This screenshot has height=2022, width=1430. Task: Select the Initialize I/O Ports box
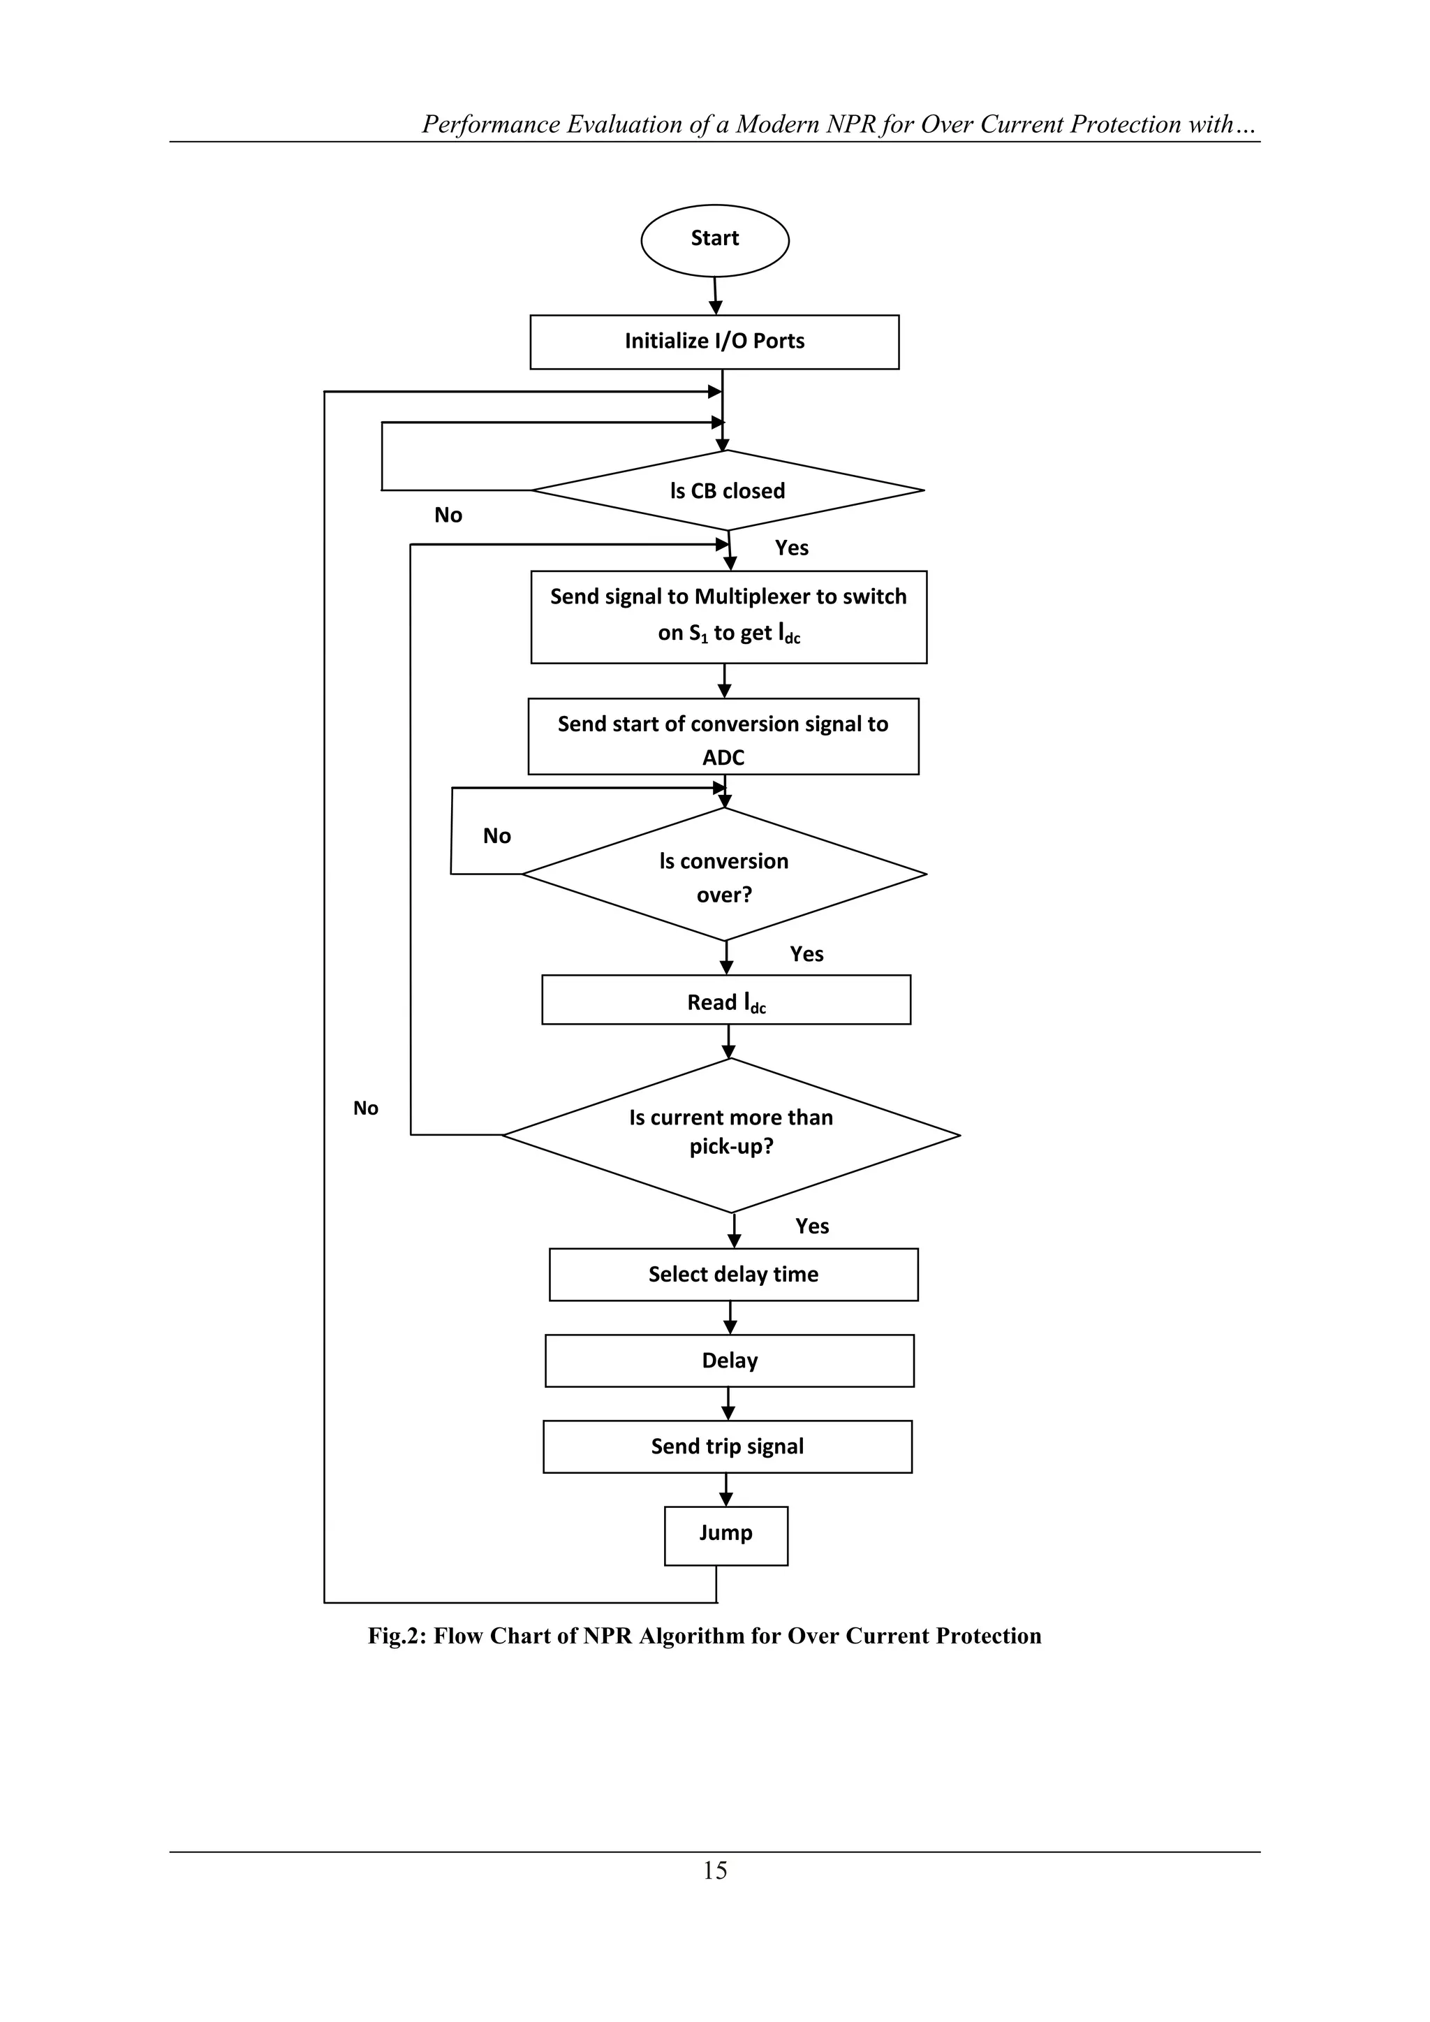point(714,342)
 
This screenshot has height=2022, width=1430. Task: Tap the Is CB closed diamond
point(728,490)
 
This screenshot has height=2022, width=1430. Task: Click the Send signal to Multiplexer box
point(728,617)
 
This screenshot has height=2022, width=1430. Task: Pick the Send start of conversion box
point(723,737)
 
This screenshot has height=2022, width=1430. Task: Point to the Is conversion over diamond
point(724,874)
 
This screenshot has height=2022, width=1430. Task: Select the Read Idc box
point(725,999)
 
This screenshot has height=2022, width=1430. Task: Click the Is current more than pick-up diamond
point(731,1135)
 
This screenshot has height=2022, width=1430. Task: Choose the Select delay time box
point(733,1275)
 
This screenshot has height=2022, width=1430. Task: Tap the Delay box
point(729,1361)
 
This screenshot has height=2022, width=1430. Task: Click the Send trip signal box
point(728,1446)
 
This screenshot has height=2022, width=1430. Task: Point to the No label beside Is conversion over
point(496,836)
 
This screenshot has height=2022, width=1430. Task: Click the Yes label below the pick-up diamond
point(812,1226)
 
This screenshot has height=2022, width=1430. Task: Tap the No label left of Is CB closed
point(448,515)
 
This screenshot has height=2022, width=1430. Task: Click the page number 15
point(714,1870)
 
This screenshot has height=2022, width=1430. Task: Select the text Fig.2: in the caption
point(396,1636)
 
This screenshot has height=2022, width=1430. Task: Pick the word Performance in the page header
point(489,124)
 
